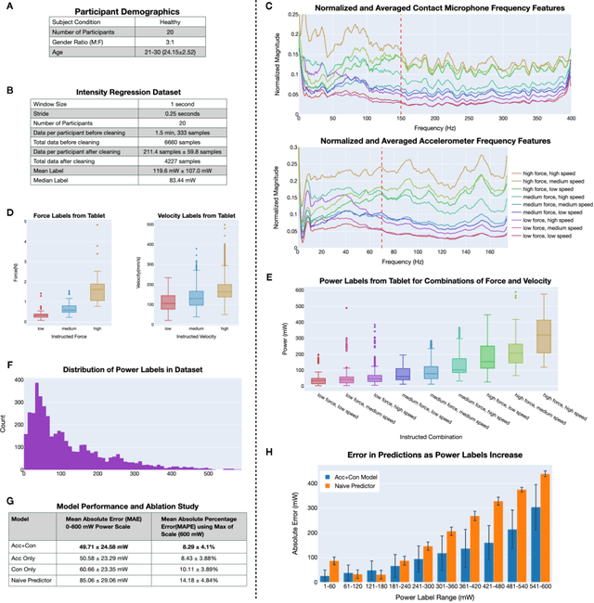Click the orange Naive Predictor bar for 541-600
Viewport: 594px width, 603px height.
pyautogui.click(x=571, y=527)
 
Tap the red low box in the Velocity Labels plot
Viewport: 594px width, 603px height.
pyautogui.click(x=168, y=302)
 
